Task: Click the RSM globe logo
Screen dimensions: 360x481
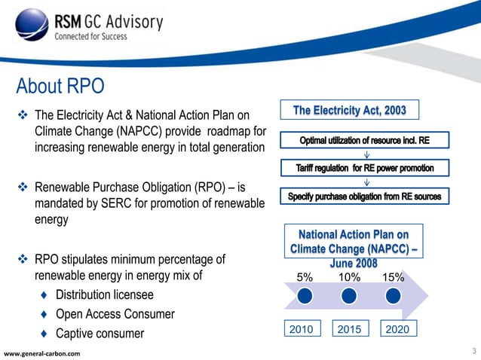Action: point(30,29)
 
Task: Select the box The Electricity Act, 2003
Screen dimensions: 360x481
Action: point(349,111)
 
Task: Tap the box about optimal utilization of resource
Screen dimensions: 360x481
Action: point(365,141)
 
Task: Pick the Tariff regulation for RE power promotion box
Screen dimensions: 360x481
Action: point(365,167)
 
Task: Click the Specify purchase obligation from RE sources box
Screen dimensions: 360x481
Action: point(365,197)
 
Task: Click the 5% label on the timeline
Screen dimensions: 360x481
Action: point(304,277)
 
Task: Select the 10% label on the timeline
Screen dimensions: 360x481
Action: point(348,277)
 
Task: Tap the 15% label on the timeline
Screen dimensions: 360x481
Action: point(393,277)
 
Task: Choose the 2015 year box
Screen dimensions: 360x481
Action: point(348,329)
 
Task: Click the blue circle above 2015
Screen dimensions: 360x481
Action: point(348,297)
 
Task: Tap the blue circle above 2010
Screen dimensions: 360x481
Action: point(304,297)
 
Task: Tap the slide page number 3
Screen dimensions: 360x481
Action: point(473,350)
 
